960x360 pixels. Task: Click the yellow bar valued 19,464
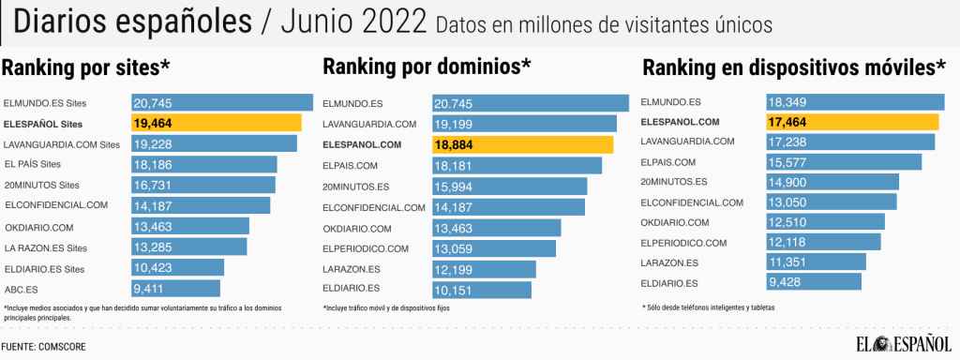pyautogui.click(x=217, y=123)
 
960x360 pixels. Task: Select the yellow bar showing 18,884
pyautogui.click(x=522, y=144)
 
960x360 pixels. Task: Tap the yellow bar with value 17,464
pyautogui.click(x=852, y=122)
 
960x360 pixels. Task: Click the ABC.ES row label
pyautogui.click(x=21, y=288)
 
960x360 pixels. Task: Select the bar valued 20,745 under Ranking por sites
pyautogui.click(x=222, y=102)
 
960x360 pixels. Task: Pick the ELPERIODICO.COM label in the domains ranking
pyautogui.click(x=366, y=248)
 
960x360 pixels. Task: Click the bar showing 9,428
pyautogui.click(x=813, y=282)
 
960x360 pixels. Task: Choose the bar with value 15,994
pyautogui.click(x=509, y=186)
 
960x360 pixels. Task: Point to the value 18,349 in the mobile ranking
pyautogui.click(x=787, y=101)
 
